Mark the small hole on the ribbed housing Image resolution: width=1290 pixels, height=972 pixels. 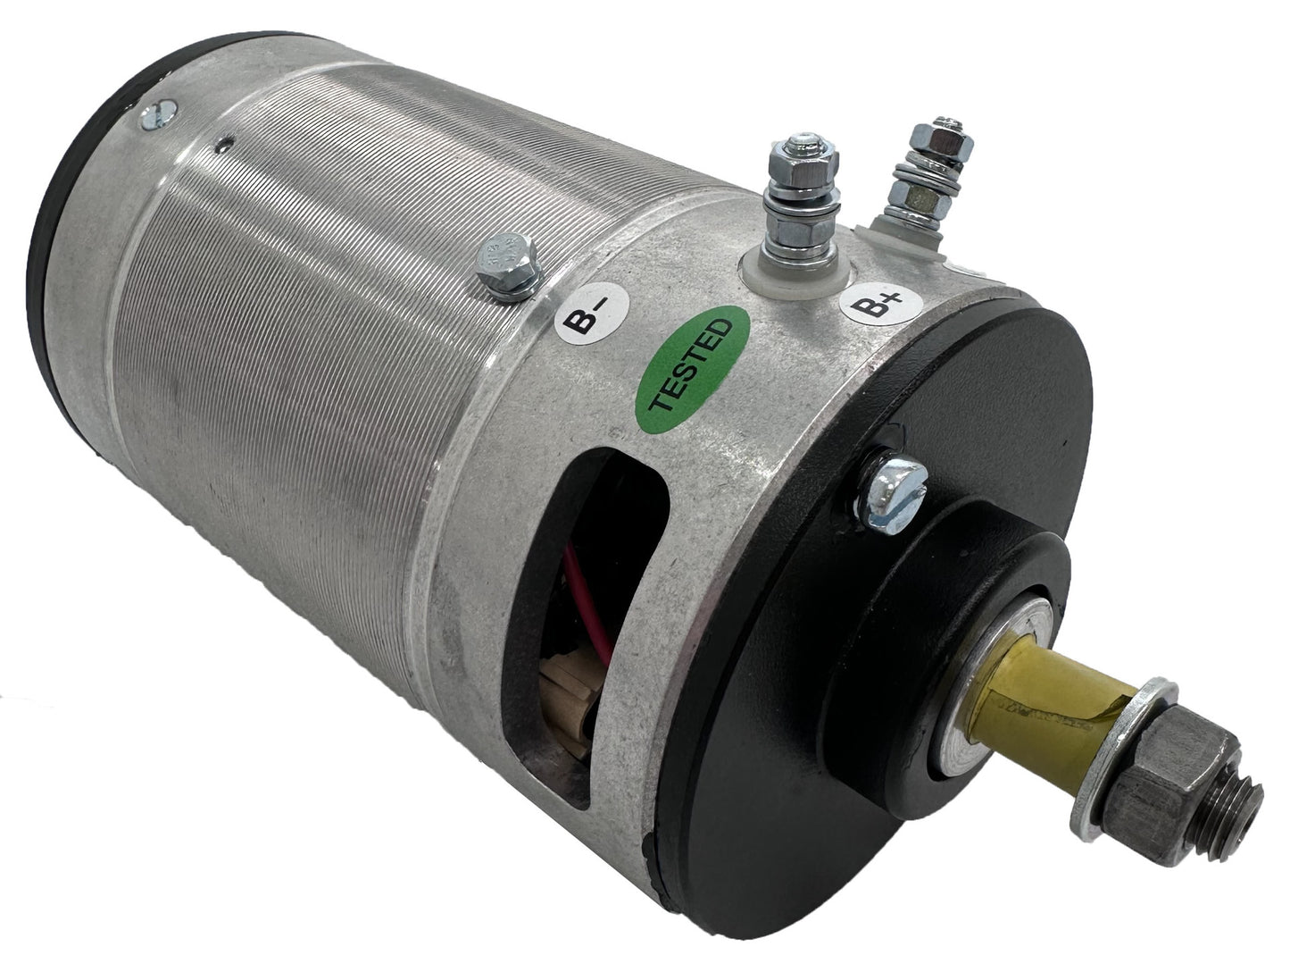[x=229, y=138]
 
